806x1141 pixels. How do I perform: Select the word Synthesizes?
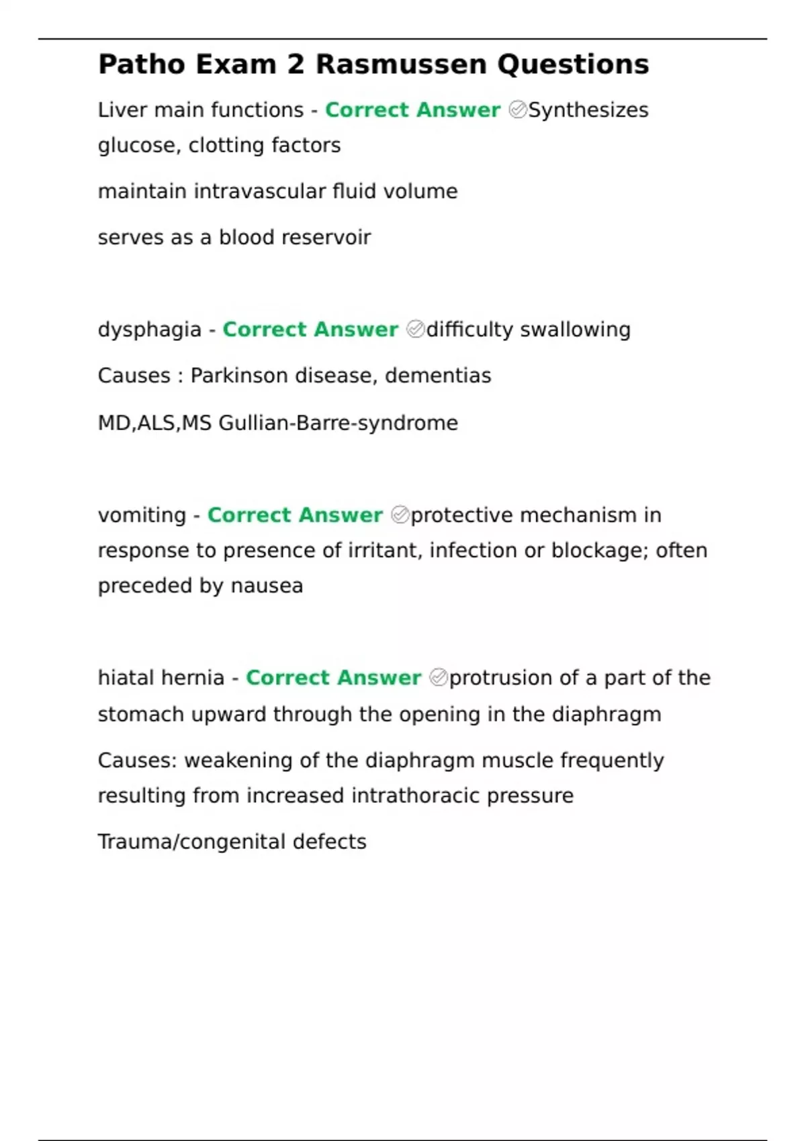(x=588, y=110)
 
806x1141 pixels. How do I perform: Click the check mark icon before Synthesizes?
(x=517, y=109)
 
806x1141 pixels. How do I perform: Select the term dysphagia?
(x=149, y=330)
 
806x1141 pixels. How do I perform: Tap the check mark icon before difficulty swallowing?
(x=415, y=330)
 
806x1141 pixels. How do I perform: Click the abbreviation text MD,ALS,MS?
(x=154, y=423)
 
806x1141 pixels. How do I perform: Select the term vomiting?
(x=142, y=515)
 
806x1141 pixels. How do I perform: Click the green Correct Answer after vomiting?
(x=295, y=515)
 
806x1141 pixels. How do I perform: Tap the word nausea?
(x=267, y=586)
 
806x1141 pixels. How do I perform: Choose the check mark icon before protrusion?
(x=438, y=678)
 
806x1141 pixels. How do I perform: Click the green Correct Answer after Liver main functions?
(x=412, y=110)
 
